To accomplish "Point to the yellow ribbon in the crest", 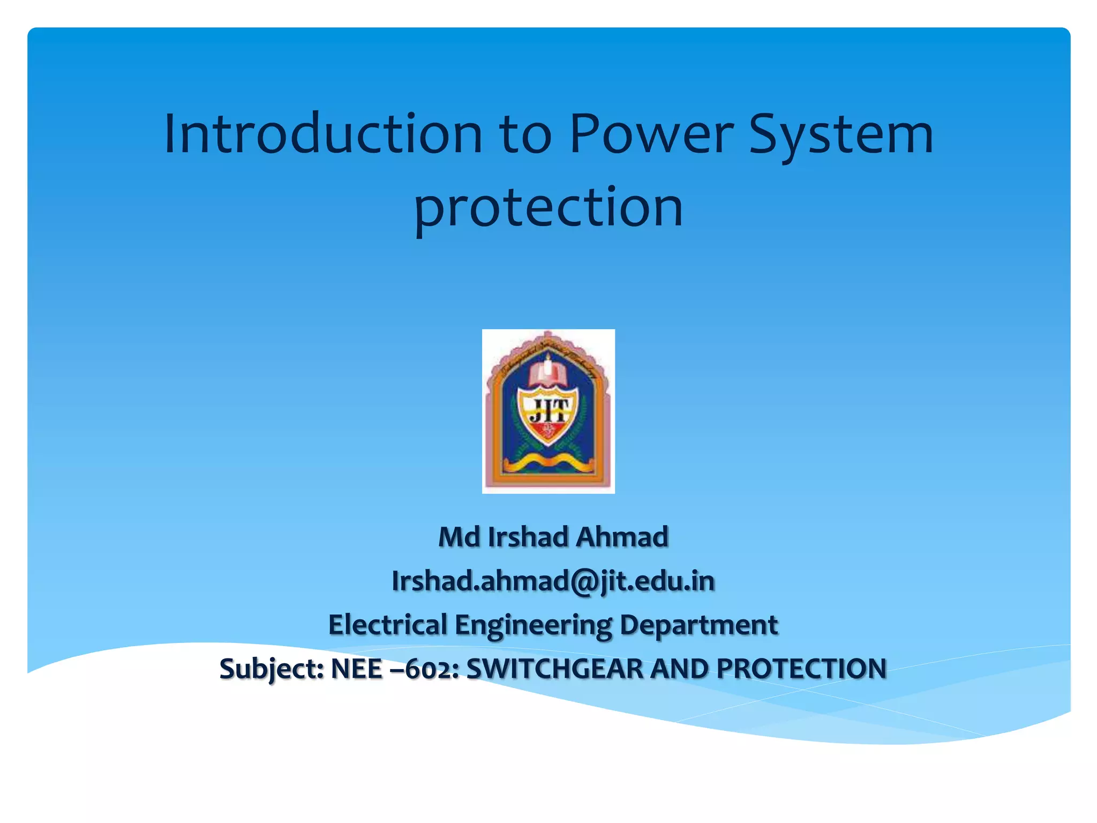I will click(x=547, y=461).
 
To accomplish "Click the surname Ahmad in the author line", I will click(x=622, y=537).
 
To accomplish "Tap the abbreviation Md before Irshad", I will click(x=459, y=537).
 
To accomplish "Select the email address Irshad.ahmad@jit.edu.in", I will click(x=553, y=581).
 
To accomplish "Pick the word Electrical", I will click(x=388, y=625).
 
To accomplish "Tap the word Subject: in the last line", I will click(x=272, y=669).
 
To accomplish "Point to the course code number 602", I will click(x=431, y=669).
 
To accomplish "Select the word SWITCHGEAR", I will click(x=554, y=669).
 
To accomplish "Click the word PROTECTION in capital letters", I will click(x=802, y=669).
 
